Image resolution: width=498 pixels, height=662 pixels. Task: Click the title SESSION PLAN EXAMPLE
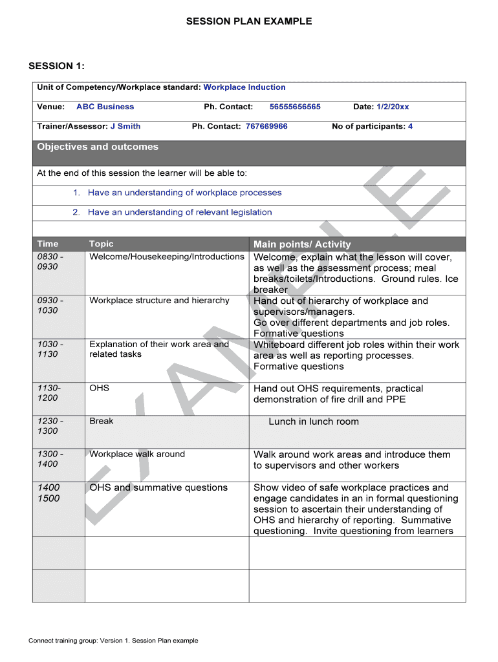[249, 21]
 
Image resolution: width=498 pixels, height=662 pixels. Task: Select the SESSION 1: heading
[57, 66]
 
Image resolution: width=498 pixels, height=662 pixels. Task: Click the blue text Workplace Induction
[244, 87]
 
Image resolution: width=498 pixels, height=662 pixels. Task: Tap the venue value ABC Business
[105, 107]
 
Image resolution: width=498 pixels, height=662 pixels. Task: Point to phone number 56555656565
[295, 107]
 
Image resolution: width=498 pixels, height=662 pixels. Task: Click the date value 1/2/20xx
[393, 107]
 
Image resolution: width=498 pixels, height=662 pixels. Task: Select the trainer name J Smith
[125, 126]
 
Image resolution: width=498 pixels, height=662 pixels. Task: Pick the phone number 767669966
[266, 126]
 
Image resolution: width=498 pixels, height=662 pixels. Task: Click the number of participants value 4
[410, 126]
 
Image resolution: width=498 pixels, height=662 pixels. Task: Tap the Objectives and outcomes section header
[98, 147]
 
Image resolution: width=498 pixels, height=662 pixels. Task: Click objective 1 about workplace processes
[184, 193]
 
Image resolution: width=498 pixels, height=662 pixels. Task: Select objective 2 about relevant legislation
[180, 212]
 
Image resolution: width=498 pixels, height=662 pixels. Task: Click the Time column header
[48, 244]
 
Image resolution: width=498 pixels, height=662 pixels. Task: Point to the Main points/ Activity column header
[302, 244]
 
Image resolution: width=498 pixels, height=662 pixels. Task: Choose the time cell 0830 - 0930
[50, 261]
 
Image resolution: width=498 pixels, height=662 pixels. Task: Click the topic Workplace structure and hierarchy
[159, 300]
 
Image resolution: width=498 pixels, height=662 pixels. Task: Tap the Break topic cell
[102, 421]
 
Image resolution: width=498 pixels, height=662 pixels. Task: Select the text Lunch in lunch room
[314, 422]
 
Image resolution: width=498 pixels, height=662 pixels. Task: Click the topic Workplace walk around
[137, 454]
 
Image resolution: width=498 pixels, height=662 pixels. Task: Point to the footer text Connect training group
[113, 641]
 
